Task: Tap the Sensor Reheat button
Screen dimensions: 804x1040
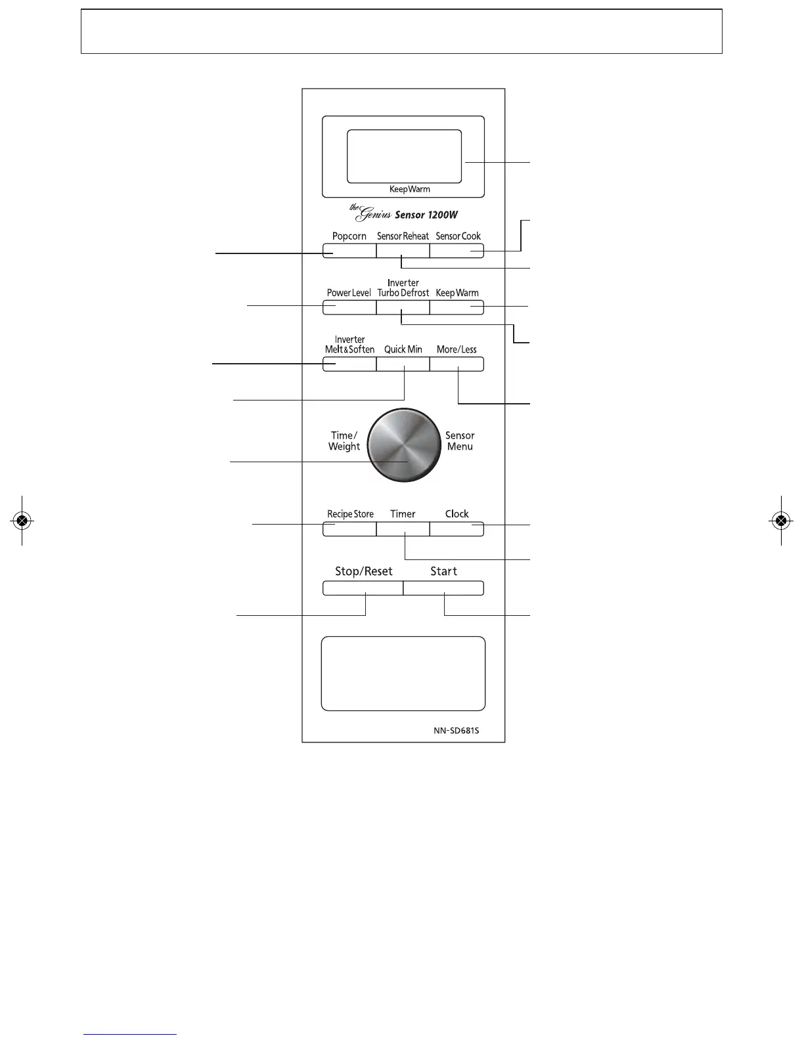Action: (403, 251)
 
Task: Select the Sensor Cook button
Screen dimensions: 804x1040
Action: (457, 251)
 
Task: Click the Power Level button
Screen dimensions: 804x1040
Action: (349, 307)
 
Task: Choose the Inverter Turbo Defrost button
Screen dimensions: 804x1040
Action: (403, 307)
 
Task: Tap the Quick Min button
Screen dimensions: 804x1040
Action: (403, 364)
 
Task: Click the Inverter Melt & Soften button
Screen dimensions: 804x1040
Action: (349, 364)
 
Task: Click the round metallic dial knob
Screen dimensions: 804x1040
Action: (403, 445)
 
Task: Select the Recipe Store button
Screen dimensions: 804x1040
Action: (349, 529)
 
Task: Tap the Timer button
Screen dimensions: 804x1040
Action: (403, 529)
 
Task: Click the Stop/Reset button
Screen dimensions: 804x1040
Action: (363, 588)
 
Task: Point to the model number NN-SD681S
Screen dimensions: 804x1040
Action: (456, 730)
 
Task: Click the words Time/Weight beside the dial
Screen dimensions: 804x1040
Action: (344, 441)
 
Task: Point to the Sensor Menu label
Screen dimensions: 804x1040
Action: (460, 441)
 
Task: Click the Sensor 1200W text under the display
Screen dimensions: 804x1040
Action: (426, 215)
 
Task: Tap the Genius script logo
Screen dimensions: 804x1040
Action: (370, 213)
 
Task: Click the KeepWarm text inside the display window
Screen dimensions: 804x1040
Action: (409, 189)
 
